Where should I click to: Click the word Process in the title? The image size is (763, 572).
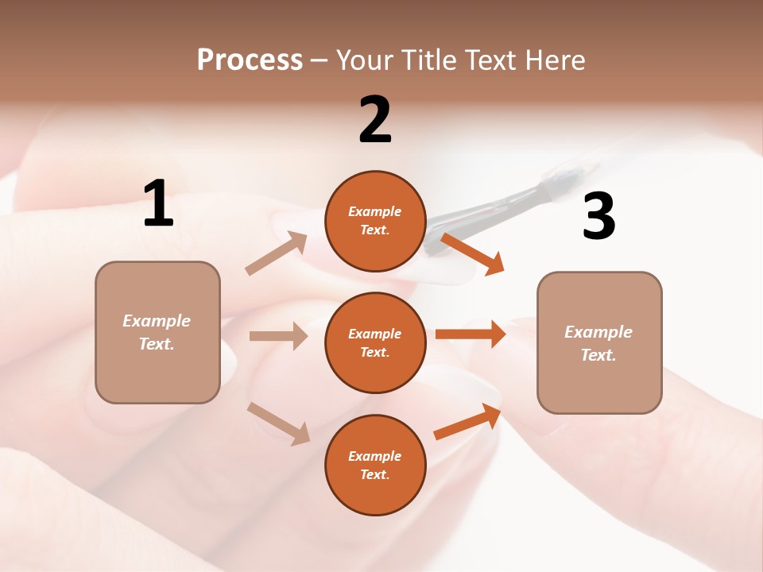(x=250, y=60)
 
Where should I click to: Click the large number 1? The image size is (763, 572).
(x=158, y=204)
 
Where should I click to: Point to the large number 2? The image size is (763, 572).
(x=375, y=120)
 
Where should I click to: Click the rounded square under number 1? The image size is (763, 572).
(x=157, y=332)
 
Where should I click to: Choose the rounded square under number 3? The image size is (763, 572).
(x=599, y=343)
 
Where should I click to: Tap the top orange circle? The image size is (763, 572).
(x=375, y=221)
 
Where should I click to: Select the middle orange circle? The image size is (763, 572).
(x=375, y=342)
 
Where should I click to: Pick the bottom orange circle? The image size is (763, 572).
(x=375, y=465)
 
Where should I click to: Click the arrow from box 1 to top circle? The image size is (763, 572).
(x=277, y=253)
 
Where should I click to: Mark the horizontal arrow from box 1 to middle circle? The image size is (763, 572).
(x=278, y=336)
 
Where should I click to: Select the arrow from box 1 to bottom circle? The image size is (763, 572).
(x=279, y=423)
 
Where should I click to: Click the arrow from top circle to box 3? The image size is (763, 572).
(x=472, y=253)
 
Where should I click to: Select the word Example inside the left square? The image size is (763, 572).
(x=157, y=321)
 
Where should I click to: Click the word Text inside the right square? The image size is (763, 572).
(x=598, y=355)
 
